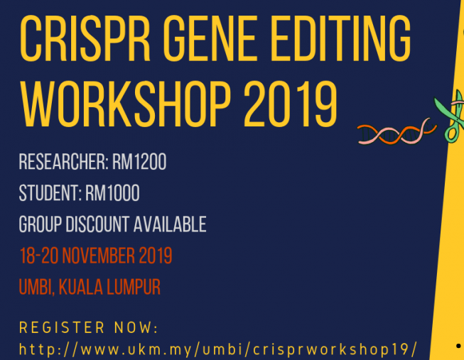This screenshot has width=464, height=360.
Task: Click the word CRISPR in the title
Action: coord(85,38)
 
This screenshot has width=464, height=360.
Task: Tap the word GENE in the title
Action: coord(210,38)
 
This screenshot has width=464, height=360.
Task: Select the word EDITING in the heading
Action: coord(340,38)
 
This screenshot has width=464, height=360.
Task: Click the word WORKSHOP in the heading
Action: coord(125,104)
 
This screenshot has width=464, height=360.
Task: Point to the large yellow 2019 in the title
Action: coord(291,104)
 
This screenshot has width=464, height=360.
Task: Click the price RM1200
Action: coord(139,162)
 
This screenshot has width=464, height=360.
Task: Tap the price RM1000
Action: coord(112,193)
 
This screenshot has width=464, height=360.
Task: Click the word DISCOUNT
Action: coord(97,224)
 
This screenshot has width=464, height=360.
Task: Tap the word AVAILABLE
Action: coord(170,224)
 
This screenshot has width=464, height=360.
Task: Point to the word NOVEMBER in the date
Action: coord(98,256)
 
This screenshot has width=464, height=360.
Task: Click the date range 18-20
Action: coord(39,256)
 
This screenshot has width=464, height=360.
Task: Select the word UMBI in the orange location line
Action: coord(37,287)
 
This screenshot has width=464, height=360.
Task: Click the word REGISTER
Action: coord(62,328)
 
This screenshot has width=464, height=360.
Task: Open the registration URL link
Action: coord(218,349)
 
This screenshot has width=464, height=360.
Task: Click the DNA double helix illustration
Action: coord(396,132)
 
